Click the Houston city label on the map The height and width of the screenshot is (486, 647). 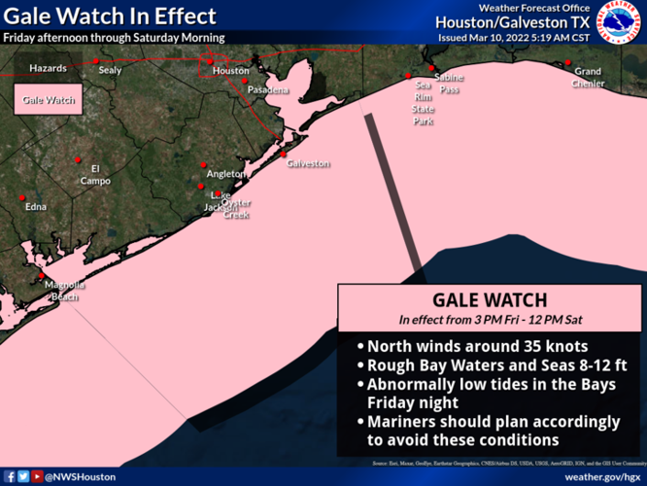click(231, 71)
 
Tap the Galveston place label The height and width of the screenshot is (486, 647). click(309, 163)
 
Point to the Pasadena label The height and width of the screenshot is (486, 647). click(268, 90)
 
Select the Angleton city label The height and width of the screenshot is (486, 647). click(226, 174)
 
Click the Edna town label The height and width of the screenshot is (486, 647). click(36, 206)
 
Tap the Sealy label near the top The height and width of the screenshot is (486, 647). click(111, 70)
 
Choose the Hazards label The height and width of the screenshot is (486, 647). click(49, 69)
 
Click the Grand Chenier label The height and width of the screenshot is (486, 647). click(588, 77)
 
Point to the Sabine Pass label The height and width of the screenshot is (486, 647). click(449, 83)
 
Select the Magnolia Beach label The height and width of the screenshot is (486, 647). click(65, 290)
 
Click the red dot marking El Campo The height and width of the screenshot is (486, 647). click(77, 159)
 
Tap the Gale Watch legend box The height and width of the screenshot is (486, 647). click(49, 100)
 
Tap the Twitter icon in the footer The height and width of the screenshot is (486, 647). click(23, 476)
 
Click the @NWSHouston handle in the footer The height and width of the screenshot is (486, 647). click(82, 476)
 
